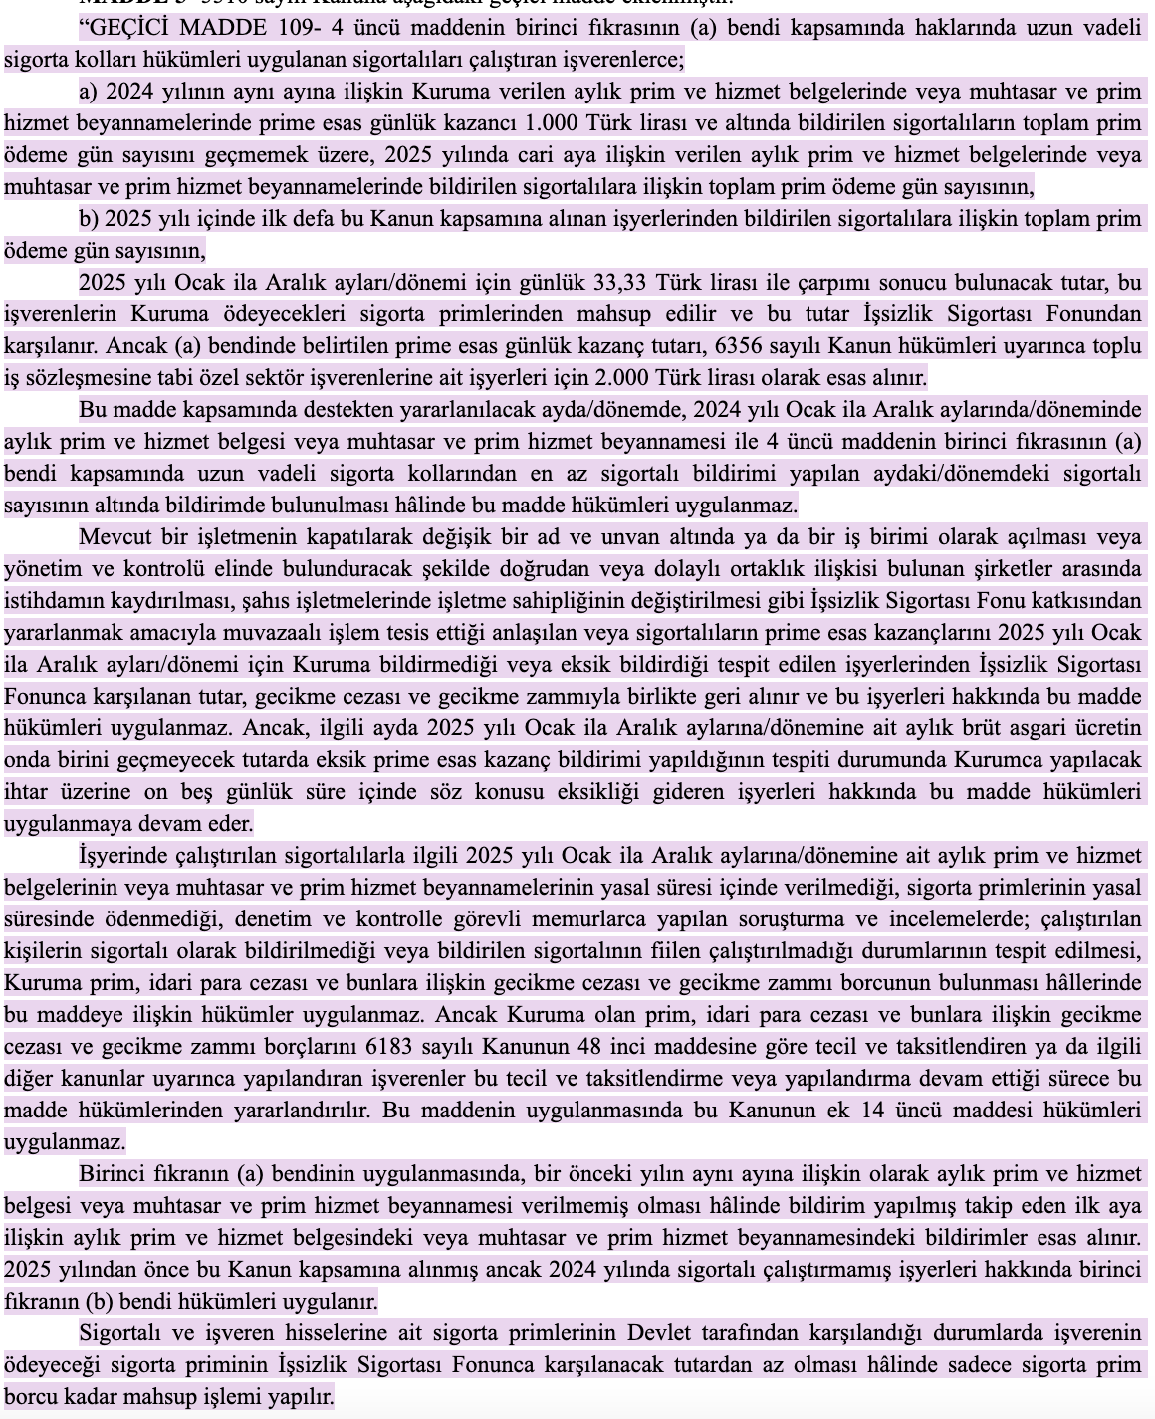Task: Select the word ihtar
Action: coord(25,792)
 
